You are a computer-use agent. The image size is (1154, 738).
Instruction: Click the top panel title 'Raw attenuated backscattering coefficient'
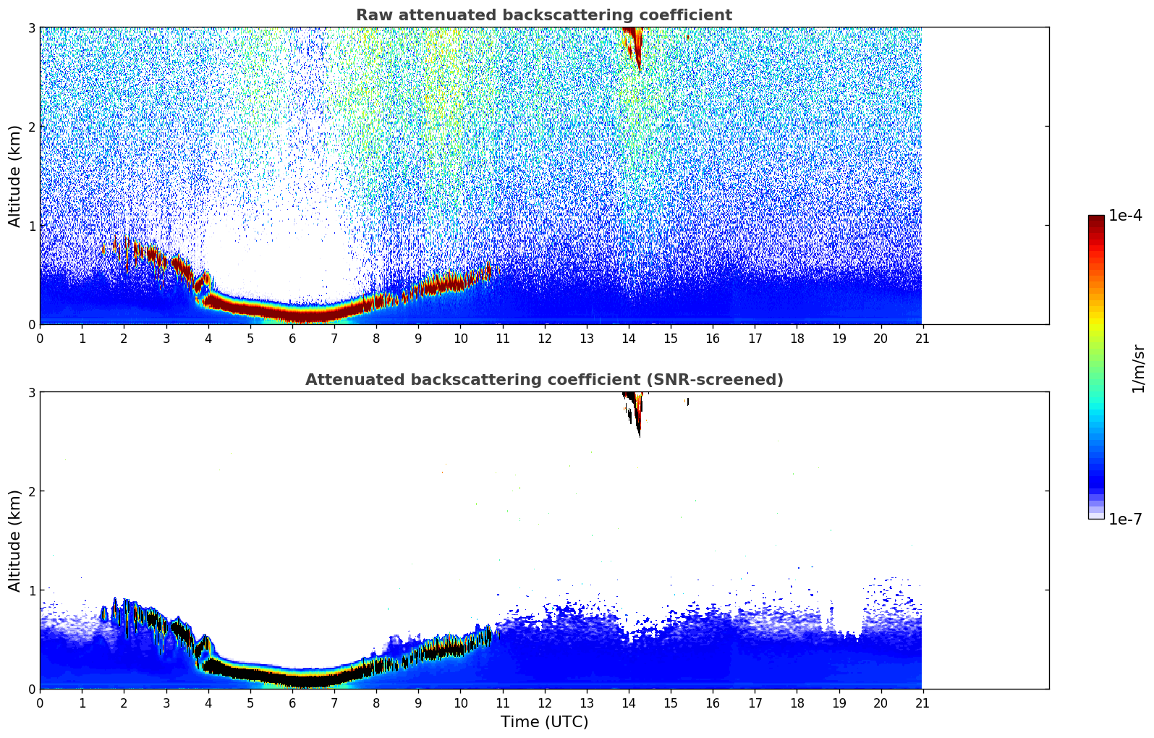pos(543,15)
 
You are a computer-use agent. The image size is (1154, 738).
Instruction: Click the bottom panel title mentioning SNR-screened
pos(543,380)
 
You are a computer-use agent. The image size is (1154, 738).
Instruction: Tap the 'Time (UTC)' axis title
pos(544,722)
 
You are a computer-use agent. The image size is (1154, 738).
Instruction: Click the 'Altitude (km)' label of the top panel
pos(15,176)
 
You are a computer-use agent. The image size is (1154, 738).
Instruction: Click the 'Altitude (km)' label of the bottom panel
pos(15,540)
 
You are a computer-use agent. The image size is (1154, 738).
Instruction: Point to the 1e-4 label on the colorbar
pos(1125,216)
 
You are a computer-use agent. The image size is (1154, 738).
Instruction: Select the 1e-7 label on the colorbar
pos(1125,519)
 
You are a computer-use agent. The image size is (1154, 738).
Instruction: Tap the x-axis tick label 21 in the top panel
pos(922,338)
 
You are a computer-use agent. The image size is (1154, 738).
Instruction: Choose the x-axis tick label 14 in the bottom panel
pos(628,703)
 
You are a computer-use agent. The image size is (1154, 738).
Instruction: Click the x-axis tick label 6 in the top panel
pos(292,338)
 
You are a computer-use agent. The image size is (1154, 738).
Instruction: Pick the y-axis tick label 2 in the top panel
pos(32,127)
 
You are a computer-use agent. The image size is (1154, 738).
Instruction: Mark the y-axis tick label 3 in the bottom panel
pos(32,392)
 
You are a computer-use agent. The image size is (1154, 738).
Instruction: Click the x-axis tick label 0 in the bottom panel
pos(40,703)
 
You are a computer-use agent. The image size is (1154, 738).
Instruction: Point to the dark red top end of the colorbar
pos(1095,219)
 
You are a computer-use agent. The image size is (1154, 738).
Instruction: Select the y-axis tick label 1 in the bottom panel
pos(32,590)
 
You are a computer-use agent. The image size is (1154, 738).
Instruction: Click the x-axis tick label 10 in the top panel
pos(460,338)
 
